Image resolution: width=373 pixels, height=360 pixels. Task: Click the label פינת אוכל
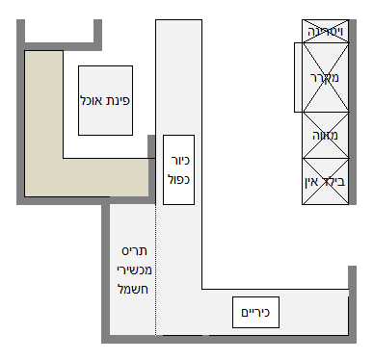click(106, 99)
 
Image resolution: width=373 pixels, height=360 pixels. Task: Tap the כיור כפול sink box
click(179, 169)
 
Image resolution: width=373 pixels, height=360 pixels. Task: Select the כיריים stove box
click(256, 313)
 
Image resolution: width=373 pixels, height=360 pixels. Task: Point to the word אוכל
click(93, 99)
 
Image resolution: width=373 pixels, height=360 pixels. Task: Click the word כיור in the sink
click(179, 162)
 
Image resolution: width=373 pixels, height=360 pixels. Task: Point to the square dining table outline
click(105, 79)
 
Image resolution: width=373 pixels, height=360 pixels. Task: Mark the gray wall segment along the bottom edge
click(226, 339)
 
